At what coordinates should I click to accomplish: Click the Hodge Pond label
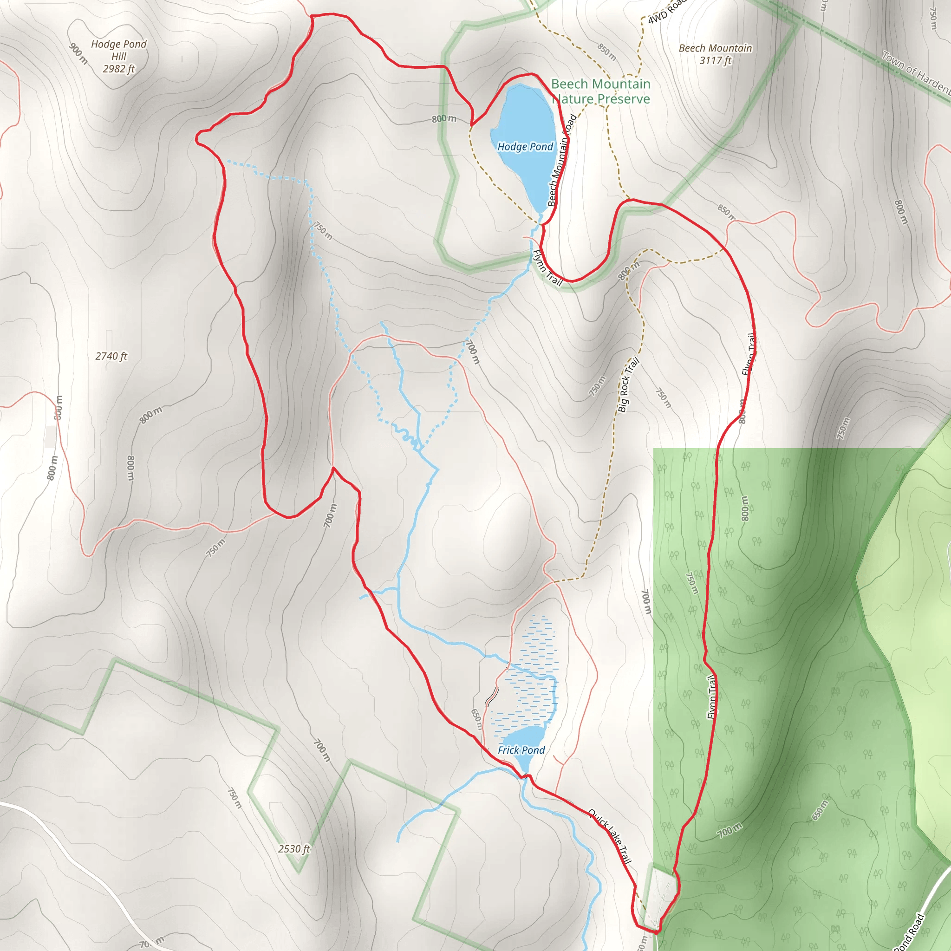coord(525,147)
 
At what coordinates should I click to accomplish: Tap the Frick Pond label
coord(521,750)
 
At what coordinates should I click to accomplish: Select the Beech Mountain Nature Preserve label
coord(600,91)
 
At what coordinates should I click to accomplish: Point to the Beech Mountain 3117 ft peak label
coord(715,54)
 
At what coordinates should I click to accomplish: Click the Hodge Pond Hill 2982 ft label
coord(118,56)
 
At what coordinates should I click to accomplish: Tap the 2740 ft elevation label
coord(111,356)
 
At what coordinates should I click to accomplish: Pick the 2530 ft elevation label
coord(294,849)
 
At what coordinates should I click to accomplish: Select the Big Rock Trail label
coord(628,384)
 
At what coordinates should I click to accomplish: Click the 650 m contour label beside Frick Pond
coord(476,719)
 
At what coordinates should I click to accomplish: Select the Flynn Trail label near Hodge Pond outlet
coord(547,268)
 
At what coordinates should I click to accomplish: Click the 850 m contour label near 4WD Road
coord(606,52)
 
